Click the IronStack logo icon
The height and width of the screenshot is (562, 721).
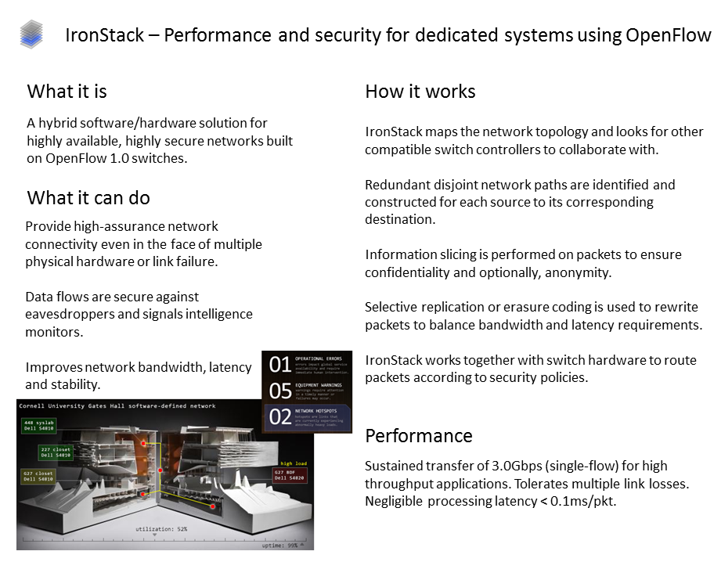pos(32,34)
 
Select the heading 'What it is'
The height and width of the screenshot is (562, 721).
pos(67,92)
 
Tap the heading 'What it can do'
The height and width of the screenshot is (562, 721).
pos(88,197)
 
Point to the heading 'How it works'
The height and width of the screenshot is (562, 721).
pos(420,92)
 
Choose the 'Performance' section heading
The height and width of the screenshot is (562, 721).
pos(419,435)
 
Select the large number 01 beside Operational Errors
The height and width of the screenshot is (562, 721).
pos(279,364)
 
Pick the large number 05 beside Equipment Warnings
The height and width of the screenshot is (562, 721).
pos(279,390)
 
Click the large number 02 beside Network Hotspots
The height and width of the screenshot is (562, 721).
pos(279,416)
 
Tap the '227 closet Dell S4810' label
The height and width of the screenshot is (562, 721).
pos(56,452)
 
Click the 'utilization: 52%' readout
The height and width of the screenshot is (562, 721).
pos(160,530)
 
